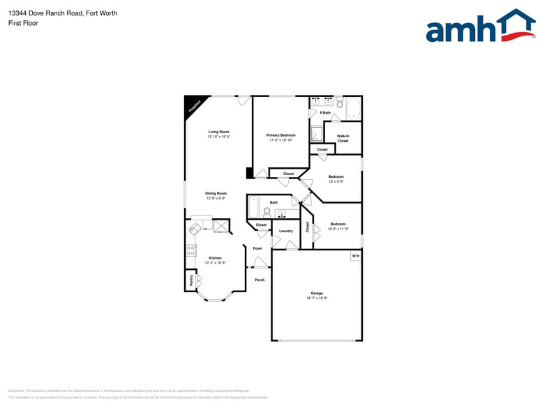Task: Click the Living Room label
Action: click(x=218, y=132)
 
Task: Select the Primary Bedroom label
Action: click(x=281, y=135)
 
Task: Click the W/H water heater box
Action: click(x=355, y=256)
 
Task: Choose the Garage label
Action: click(x=317, y=293)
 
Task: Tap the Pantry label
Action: click(x=191, y=280)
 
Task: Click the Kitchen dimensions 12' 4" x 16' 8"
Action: click(x=215, y=263)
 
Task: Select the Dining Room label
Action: click(x=216, y=193)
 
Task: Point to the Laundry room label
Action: click(x=286, y=231)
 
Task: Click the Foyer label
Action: click(x=257, y=248)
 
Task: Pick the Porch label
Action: click(x=260, y=280)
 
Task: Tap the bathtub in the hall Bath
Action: click(x=253, y=208)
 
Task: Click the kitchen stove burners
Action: click(x=190, y=250)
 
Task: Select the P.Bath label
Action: click(x=325, y=113)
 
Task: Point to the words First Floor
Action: click(x=24, y=23)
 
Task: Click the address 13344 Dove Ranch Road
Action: click(x=46, y=13)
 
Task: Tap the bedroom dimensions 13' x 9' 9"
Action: click(x=336, y=182)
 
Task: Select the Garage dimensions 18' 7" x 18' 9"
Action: click(x=317, y=298)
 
